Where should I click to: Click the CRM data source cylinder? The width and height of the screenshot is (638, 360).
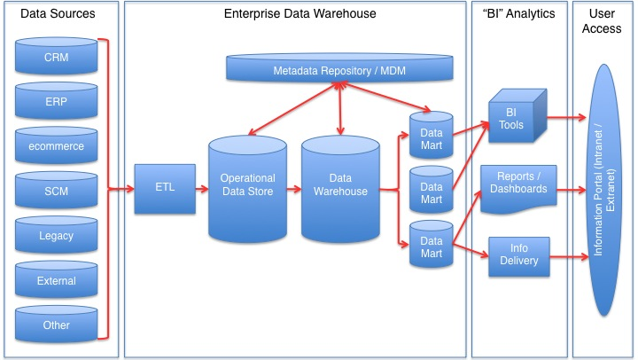(x=56, y=56)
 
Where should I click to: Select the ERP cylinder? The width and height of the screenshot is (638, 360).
(x=56, y=100)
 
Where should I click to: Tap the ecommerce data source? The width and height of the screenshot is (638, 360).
(x=56, y=145)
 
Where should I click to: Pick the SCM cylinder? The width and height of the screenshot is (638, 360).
(x=56, y=190)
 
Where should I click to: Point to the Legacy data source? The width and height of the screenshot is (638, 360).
(x=56, y=235)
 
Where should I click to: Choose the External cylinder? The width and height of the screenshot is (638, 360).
(x=56, y=280)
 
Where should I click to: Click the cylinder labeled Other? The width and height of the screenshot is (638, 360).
(x=56, y=325)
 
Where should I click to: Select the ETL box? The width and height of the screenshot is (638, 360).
(x=165, y=189)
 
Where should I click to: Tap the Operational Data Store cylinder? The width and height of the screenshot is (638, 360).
(x=247, y=189)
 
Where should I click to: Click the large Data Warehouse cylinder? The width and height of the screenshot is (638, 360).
(x=340, y=189)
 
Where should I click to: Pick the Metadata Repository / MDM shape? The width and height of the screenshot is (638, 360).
(x=339, y=68)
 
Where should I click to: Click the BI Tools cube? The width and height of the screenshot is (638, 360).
(x=517, y=116)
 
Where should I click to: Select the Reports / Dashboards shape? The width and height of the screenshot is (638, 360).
(x=518, y=189)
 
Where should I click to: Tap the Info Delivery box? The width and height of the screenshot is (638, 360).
(x=518, y=256)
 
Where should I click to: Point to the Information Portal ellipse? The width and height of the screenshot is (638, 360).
(x=604, y=190)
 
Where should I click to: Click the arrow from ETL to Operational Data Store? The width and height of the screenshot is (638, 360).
(x=202, y=189)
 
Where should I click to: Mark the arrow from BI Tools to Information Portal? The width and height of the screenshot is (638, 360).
(x=566, y=117)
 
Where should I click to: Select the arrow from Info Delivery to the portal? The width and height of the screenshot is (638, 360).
(x=569, y=256)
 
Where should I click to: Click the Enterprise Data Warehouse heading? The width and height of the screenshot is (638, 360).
(x=300, y=13)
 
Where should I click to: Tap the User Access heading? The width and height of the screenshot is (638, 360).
(x=602, y=20)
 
